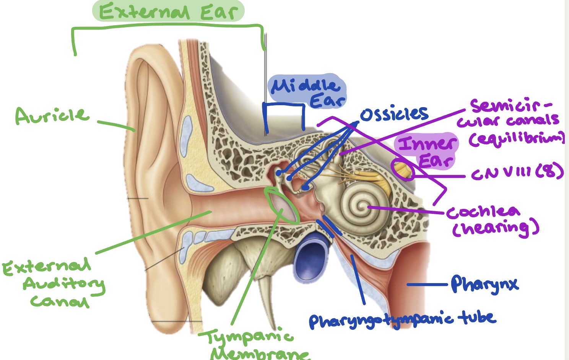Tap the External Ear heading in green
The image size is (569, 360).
[x=168, y=11]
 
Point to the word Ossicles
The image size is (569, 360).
[x=394, y=114]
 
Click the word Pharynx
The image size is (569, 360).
[x=484, y=284]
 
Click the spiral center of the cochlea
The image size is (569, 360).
[x=362, y=207]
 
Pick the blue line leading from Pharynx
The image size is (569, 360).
[x=426, y=284]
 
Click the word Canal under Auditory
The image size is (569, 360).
[x=59, y=301]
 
